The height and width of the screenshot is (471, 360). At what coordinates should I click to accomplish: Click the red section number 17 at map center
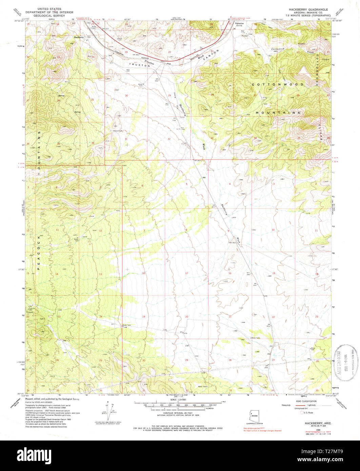186,273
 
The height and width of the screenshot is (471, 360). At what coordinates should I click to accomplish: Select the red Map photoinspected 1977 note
255,428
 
